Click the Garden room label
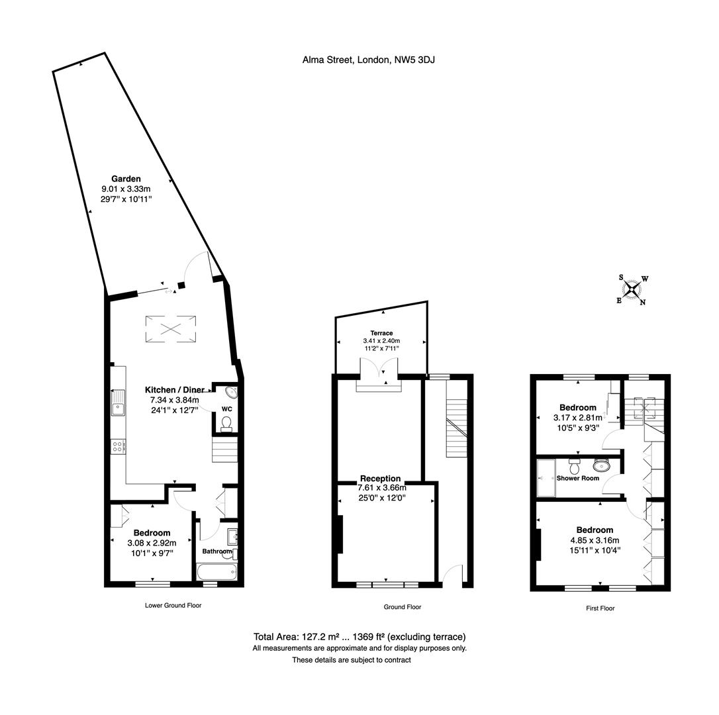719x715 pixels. pyautogui.click(x=126, y=179)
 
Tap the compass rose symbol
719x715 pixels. pyautogui.click(x=633, y=289)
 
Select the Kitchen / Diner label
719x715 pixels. pyautogui.click(x=175, y=390)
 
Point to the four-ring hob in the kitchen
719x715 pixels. pyautogui.click(x=118, y=446)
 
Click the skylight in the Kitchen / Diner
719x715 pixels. pyautogui.click(x=171, y=329)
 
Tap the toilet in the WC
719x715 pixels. pyautogui.click(x=226, y=423)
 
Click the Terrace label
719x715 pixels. pyautogui.click(x=381, y=333)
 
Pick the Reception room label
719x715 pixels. pyautogui.click(x=380, y=479)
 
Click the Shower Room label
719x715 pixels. pyautogui.click(x=577, y=478)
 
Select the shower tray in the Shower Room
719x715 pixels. pyautogui.click(x=546, y=477)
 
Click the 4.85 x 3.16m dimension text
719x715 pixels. pyautogui.click(x=594, y=540)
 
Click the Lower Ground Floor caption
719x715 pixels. pyautogui.click(x=173, y=605)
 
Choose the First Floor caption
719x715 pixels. pyautogui.click(x=600, y=608)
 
